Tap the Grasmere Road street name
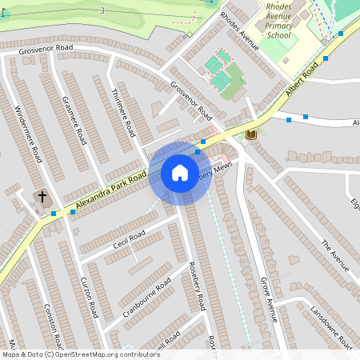click(x=74, y=119)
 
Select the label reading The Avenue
click(x=335, y=255)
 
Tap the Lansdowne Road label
click(x=331, y=326)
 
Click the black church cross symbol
click(x=42, y=196)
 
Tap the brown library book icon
click(x=252, y=134)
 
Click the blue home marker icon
click(x=180, y=173)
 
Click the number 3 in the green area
click(x=102, y=10)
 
